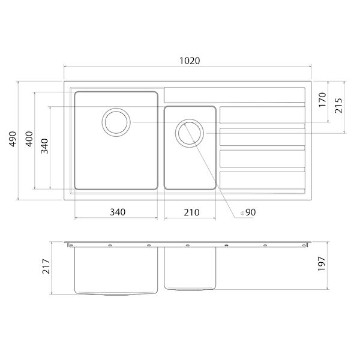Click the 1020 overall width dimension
tap(190, 61)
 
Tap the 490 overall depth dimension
tap(13, 139)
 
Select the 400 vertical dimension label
tap(29, 139)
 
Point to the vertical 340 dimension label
tap(44, 146)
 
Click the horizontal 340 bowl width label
tap(118, 212)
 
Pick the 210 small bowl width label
tap(191, 212)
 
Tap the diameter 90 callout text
tap(248, 212)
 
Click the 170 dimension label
tap(322, 100)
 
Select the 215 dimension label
tap(338, 106)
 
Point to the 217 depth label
tap(46, 266)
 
